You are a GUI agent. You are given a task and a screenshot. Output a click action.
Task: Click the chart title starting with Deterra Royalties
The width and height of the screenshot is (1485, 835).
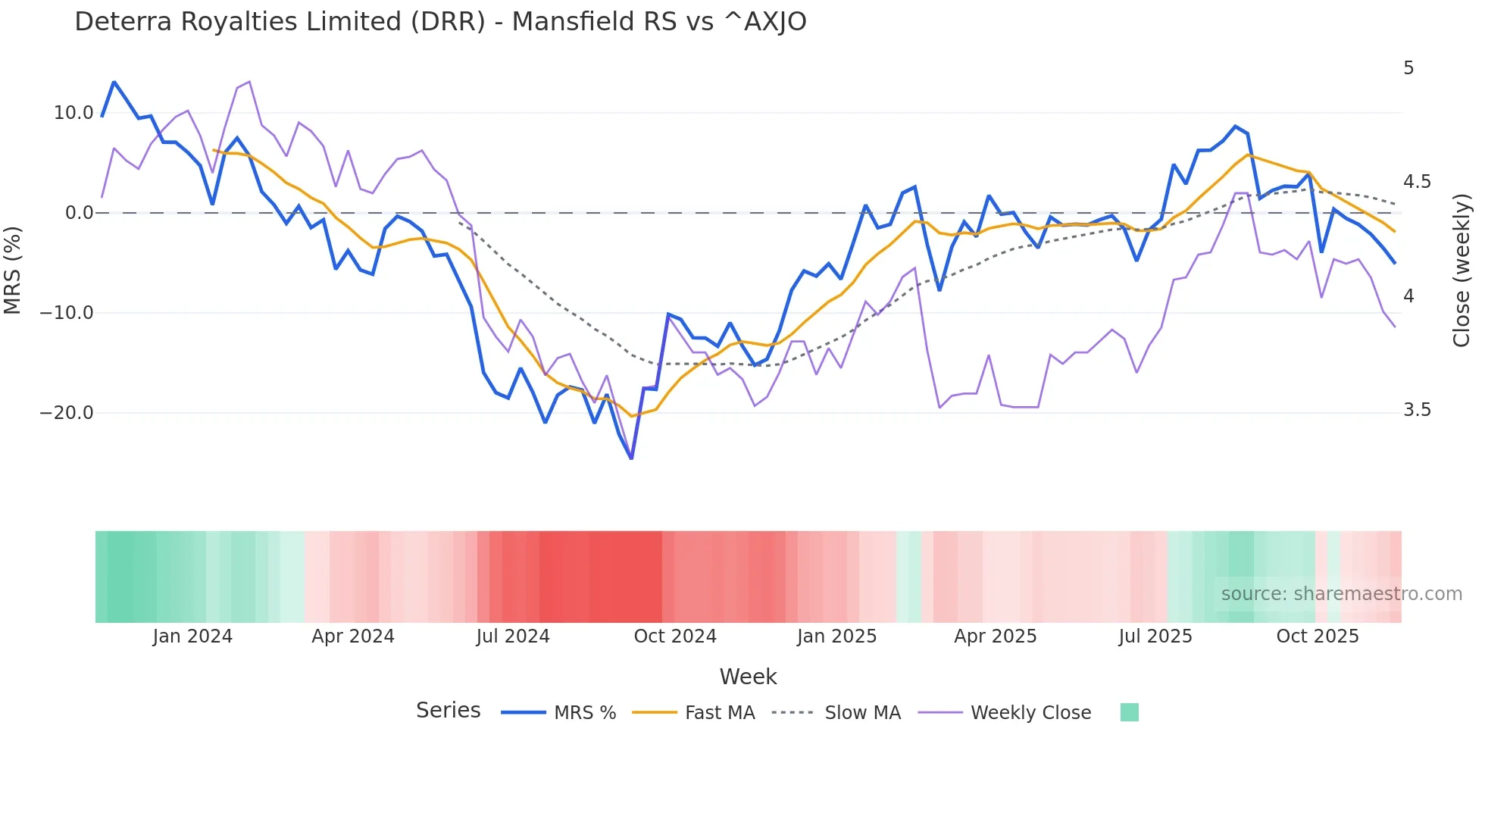click(440, 22)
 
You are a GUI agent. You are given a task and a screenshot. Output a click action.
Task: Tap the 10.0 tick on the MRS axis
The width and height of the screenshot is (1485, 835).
click(73, 113)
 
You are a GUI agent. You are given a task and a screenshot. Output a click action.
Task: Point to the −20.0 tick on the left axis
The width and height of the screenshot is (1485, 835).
click(67, 413)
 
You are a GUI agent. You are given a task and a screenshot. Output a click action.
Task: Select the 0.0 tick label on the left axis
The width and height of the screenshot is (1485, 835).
click(79, 213)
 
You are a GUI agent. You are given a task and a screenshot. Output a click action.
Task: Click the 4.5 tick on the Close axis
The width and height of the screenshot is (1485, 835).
click(1417, 182)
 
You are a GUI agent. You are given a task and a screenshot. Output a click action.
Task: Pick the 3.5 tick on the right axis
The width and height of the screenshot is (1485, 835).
click(1417, 410)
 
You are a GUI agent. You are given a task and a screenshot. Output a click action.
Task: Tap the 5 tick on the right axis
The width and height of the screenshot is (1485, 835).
click(1408, 68)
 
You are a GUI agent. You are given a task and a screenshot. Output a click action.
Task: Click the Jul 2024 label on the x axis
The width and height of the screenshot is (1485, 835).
click(513, 636)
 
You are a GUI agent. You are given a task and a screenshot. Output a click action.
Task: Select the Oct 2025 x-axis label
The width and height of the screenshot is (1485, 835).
click(1318, 636)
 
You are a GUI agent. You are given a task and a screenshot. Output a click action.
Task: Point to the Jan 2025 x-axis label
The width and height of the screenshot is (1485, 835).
click(836, 636)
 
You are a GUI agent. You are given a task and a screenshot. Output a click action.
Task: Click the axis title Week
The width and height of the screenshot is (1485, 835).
click(748, 677)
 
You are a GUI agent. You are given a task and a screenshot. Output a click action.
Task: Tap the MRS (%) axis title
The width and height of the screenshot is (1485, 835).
click(13, 270)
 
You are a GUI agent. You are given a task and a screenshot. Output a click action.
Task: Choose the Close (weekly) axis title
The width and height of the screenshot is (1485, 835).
click(1462, 270)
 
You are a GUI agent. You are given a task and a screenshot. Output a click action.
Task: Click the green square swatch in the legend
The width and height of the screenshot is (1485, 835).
click(1129, 712)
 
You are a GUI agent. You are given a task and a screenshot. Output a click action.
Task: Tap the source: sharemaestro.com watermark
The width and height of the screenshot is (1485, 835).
click(1341, 594)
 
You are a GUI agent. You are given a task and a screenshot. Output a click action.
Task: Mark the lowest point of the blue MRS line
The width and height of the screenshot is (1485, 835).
click(631, 458)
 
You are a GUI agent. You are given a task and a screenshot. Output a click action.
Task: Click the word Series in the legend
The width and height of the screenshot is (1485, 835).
click(448, 711)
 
